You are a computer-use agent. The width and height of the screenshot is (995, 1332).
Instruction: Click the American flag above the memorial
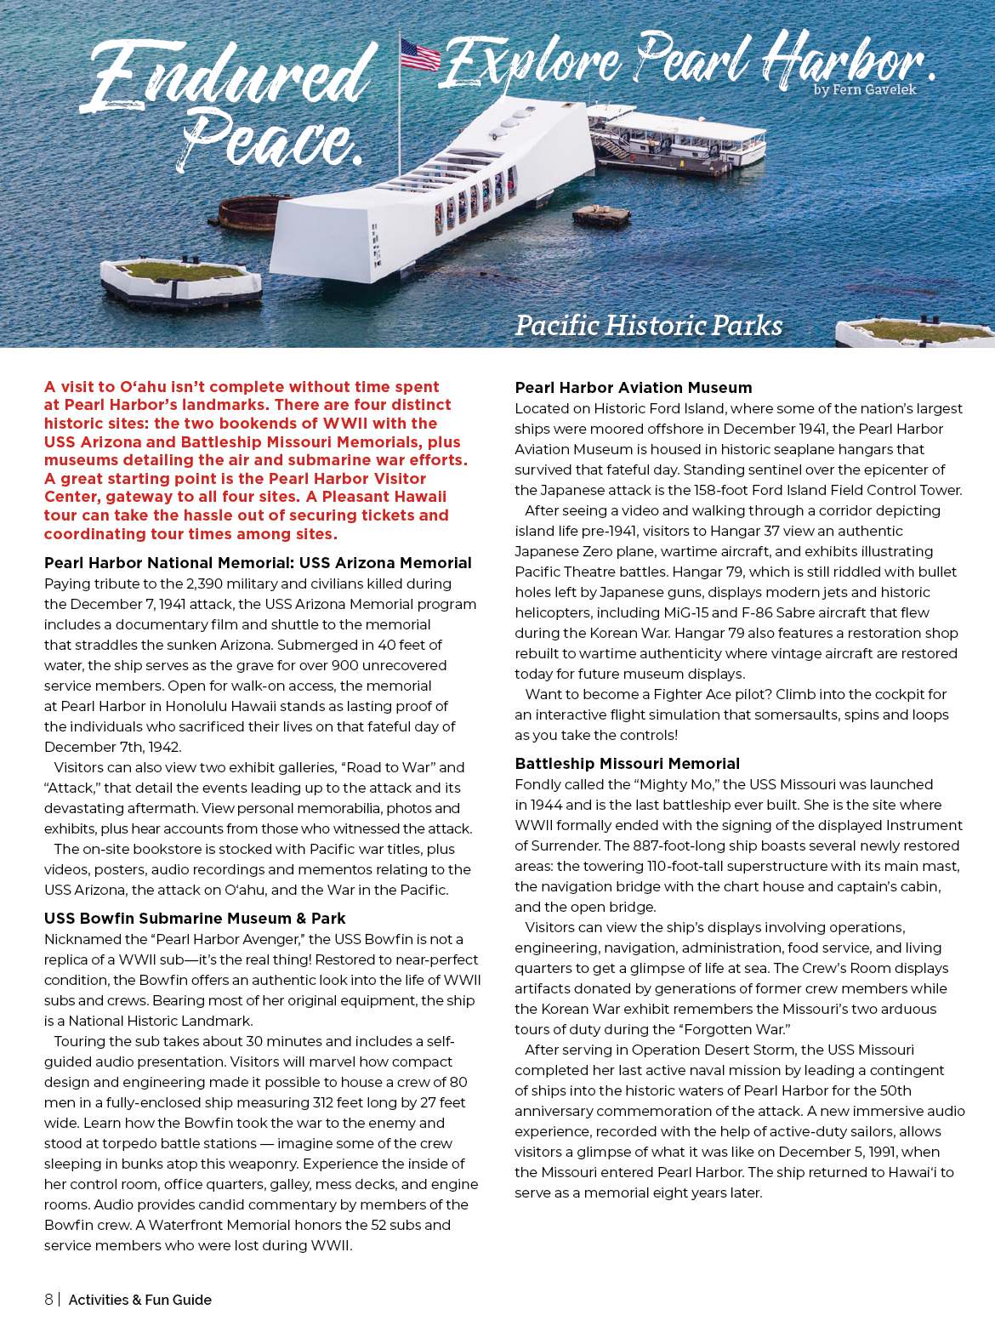point(420,54)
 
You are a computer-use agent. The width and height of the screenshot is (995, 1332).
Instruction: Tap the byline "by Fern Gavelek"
point(864,89)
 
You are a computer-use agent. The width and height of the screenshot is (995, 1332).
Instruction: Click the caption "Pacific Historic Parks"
point(648,326)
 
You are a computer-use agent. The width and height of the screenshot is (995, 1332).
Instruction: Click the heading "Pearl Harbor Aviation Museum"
point(633,388)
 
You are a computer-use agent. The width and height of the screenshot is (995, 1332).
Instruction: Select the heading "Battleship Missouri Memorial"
point(627,764)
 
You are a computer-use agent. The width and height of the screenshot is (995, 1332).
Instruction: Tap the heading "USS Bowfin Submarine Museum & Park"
point(195,919)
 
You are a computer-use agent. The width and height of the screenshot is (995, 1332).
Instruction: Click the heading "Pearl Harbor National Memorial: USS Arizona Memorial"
point(258,563)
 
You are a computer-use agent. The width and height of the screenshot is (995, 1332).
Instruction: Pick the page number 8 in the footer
point(48,1300)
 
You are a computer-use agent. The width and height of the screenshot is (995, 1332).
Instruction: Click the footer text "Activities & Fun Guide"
point(139,1300)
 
